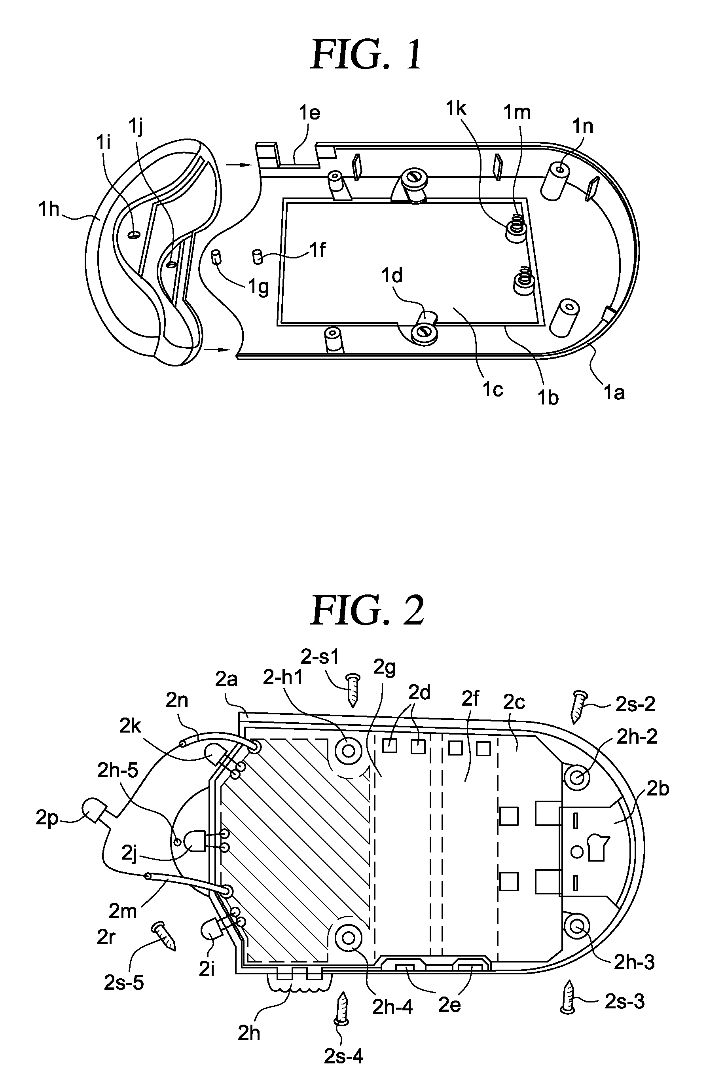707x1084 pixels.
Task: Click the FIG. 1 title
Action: (x=366, y=55)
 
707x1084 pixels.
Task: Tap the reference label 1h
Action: (x=49, y=209)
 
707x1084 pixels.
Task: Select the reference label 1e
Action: (x=309, y=113)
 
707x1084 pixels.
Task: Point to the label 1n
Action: (x=582, y=126)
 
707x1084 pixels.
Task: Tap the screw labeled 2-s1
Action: (x=353, y=690)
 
